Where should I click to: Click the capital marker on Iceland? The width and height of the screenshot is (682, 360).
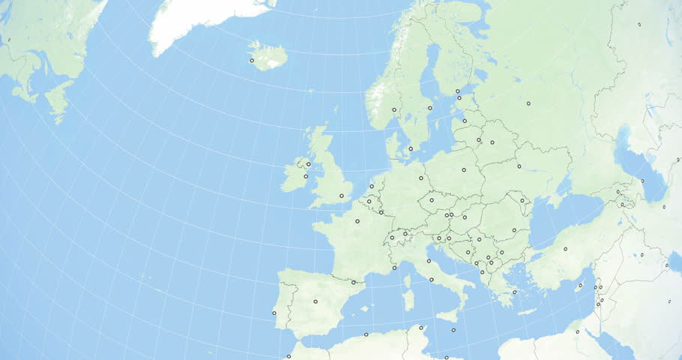pyautogui.click(x=252, y=60)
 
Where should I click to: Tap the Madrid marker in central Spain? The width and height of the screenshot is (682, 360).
pyautogui.click(x=315, y=301)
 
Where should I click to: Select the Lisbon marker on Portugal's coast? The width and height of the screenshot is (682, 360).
pyautogui.click(x=274, y=313)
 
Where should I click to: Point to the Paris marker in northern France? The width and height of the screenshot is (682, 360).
pyautogui.click(x=357, y=221)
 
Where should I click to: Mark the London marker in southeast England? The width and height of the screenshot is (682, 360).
pyautogui.click(x=341, y=196)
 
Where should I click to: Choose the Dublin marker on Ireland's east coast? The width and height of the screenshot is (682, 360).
pyautogui.click(x=306, y=176)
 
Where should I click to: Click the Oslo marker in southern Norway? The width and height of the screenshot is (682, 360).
pyautogui.click(x=394, y=109)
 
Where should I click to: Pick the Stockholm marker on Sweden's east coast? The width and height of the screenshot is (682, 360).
pyautogui.click(x=430, y=108)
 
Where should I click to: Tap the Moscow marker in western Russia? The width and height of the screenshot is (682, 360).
pyautogui.click(x=528, y=103)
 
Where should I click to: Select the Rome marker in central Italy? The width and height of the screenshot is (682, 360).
pyautogui.click(x=432, y=280)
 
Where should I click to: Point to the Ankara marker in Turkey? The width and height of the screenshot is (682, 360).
pyautogui.click(x=565, y=249)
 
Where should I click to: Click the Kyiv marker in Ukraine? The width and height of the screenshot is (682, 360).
pyautogui.click(x=519, y=166)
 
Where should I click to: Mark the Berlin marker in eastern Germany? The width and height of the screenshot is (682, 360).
pyautogui.click(x=421, y=178)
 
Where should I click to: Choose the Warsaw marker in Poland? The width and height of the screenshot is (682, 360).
pyautogui.click(x=464, y=169)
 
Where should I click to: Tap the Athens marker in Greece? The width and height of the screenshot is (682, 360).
pyautogui.click(x=515, y=292)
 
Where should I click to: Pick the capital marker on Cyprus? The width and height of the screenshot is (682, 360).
pyautogui.click(x=578, y=331)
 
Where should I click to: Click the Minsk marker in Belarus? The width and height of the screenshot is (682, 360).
pyautogui.click(x=492, y=142)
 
